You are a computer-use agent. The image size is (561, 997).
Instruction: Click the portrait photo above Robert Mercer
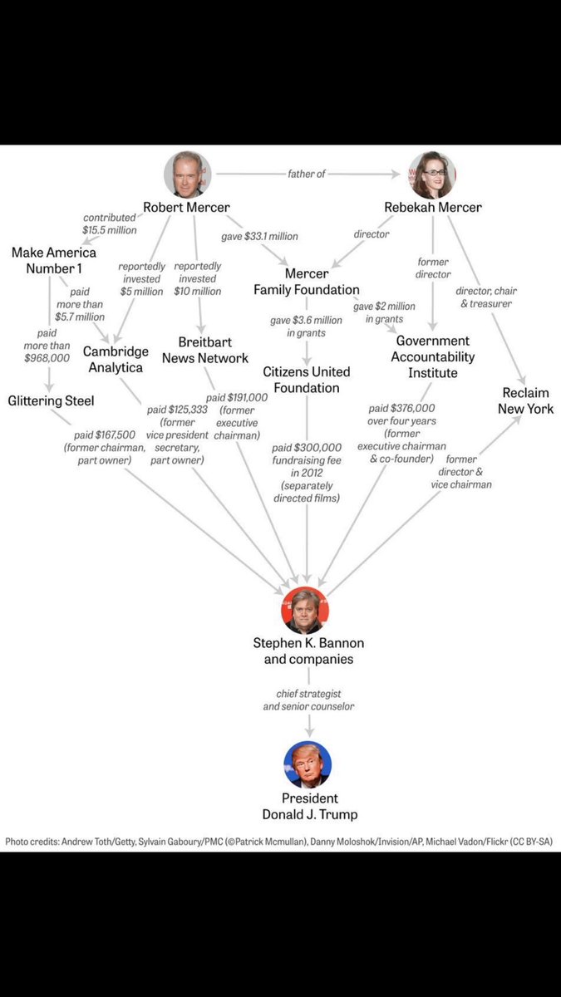click(x=187, y=174)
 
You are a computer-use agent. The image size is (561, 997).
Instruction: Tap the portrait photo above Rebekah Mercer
click(x=432, y=174)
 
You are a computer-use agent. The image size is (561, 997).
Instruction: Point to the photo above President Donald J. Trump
click(x=308, y=764)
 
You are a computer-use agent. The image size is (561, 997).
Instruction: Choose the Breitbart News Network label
click(x=204, y=350)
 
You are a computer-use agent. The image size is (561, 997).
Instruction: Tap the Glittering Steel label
click(x=51, y=400)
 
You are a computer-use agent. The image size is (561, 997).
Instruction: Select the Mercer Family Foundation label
click(x=307, y=282)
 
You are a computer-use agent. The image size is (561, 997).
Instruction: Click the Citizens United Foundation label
click(x=307, y=380)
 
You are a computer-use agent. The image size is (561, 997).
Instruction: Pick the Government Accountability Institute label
click(x=432, y=356)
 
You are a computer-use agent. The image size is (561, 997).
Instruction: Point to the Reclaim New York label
click(x=525, y=400)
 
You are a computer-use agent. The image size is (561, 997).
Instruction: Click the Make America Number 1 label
click(x=54, y=260)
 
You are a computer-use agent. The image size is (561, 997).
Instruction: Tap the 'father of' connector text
click(x=307, y=174)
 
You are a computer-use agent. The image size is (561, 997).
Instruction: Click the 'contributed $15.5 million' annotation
click(x=109, y=223)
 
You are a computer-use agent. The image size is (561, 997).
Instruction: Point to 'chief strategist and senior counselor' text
click(x=308, y=700)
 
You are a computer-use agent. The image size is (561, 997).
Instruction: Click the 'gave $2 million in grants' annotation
click(x=384, y=312)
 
